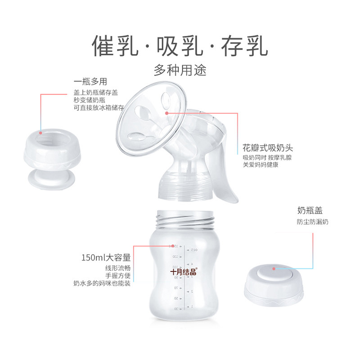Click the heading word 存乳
point(243,46)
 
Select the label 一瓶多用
point(90,82)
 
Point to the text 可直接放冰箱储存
point(99,108)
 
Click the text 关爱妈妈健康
point(261,165)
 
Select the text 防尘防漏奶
point(313,222)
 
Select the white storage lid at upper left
point(51,153)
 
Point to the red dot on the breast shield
point(167,114)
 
